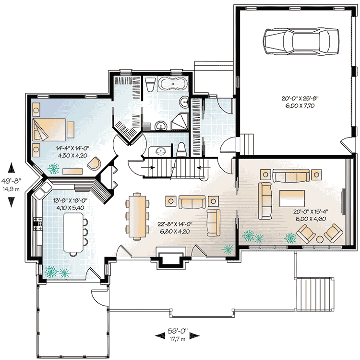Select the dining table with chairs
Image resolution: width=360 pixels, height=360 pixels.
point(137,215)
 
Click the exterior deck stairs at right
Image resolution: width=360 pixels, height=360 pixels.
point(314,293)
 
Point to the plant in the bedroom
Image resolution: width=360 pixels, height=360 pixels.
point(53,168)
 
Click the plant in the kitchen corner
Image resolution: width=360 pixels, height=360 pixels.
point(50,272)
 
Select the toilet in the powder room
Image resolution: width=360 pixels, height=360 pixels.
point(181,149)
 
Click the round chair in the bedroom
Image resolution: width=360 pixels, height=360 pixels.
point(95,163)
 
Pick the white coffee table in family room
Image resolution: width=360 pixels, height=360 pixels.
point(291,197)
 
